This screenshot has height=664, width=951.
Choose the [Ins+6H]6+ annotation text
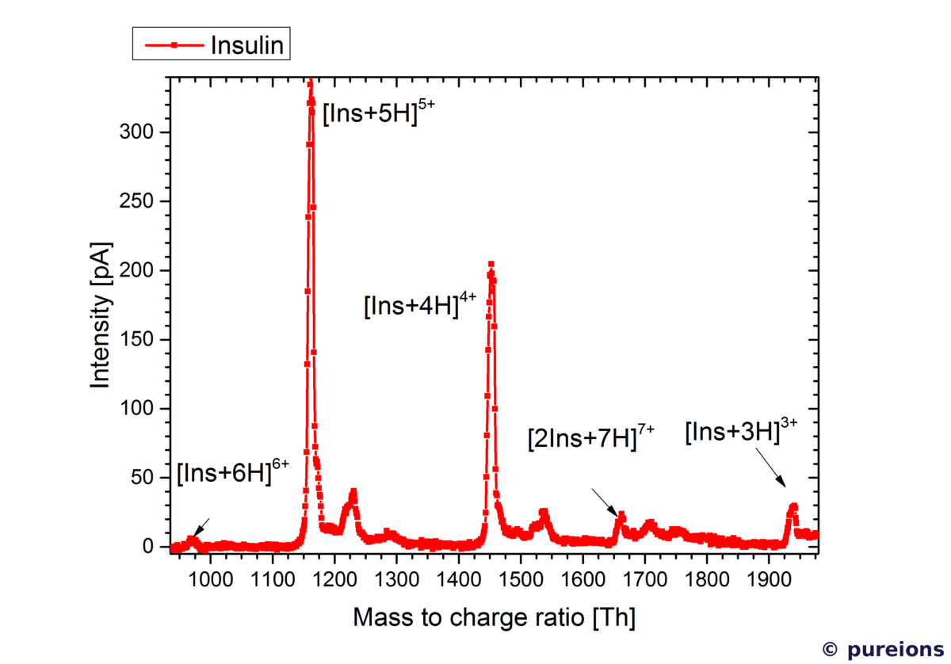pos(232,472)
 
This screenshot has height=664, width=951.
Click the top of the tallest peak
pos(311,82)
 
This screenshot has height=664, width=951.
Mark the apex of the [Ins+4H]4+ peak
pos(491,265)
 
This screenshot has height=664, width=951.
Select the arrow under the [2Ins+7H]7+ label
pos(605,502)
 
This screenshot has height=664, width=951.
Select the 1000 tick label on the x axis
pos(210,579)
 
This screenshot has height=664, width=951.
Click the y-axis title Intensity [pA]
pos(101,315)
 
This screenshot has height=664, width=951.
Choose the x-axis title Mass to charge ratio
pos(494,617)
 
